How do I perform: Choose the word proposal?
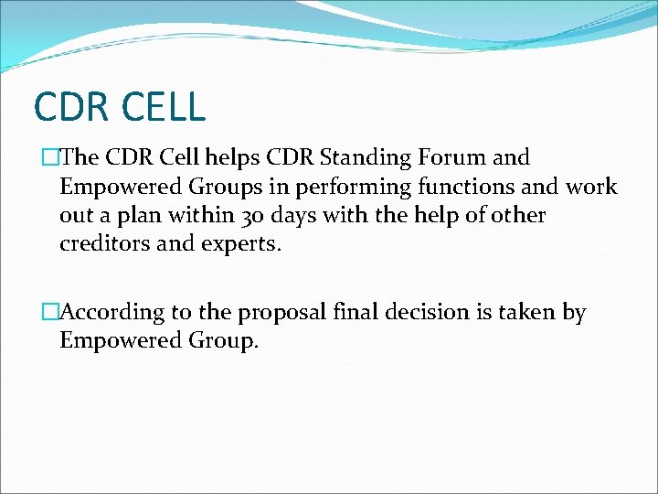284,313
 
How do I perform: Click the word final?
364,312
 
